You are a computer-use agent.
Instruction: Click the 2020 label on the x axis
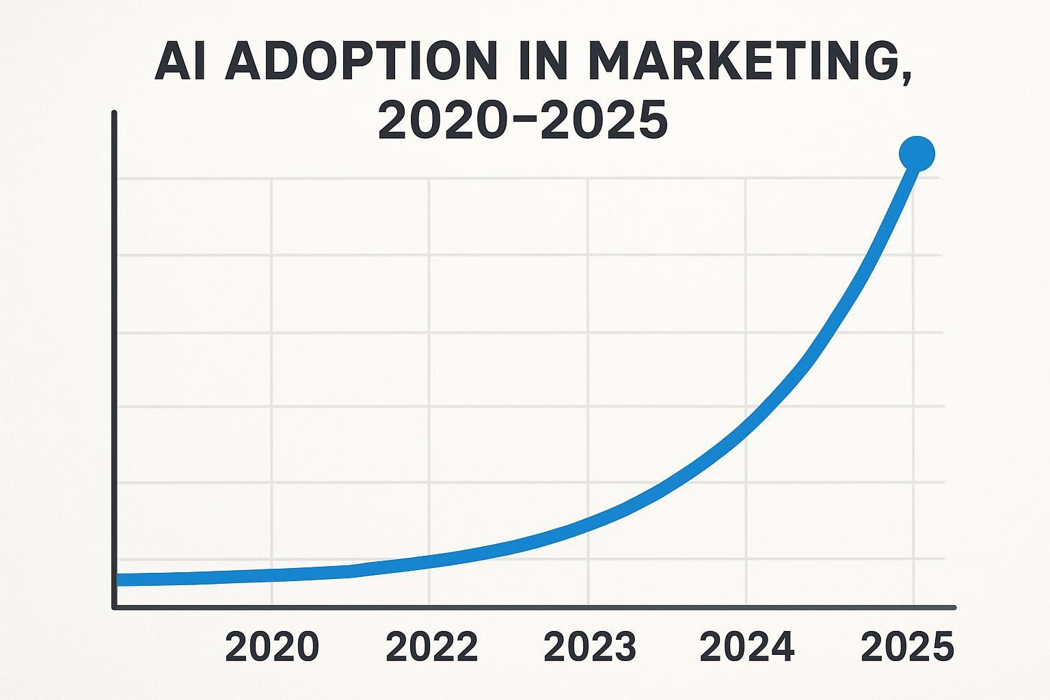pyautogui.click(x=272, y=647)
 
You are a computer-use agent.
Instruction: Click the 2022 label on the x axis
pyautogui.click(x=432, y=647)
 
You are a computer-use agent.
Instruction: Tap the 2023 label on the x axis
pyautogui.click(x=590, y=647)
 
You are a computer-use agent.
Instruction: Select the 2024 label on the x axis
pyautogui.click(x=747, y=647)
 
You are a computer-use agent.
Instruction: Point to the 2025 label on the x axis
pyautogui.click(x=907, y=647)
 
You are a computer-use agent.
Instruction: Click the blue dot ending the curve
pyautogui.click(x=917, y=153)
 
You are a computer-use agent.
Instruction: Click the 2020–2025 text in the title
pyautogui.click(x=523, y=120)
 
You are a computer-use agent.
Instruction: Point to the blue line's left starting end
pyautogui.click(x=119, y=580)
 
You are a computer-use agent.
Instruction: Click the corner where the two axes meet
pyautogui.click(x=115, y=606)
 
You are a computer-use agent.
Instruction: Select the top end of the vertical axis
pyautogui.click(x=114, y=113)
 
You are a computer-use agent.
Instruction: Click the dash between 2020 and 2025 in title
pyautogui.click(x=523, y=120)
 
